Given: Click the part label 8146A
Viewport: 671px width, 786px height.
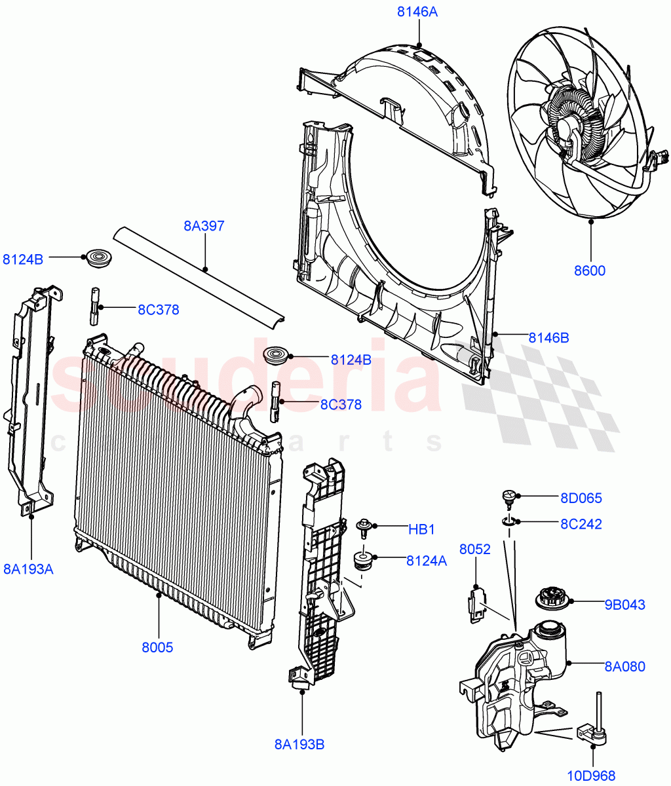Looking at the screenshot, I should pyautogui.click(x=417, y=11).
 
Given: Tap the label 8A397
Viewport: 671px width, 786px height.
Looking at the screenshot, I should pyautogui.click(x=204, y=227).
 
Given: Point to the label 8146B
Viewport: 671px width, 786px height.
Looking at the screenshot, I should pyautogui.click(x=549, y=338).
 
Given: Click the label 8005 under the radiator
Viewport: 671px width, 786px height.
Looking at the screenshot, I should pyautogui.click(x=157, y=647).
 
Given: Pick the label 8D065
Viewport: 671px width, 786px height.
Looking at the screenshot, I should pyautogui.click(x=581, y=498).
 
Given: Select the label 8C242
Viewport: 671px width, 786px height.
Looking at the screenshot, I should pyautogui.click(x=581, y=524).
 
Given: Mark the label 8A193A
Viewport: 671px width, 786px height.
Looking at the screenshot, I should pyautogui.click(x=28, y=569).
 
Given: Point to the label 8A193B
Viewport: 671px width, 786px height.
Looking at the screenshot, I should pyautogui.click(x=300, y=744).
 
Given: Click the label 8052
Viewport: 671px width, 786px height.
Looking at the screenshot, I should pyautogui.click(x=474, y=550).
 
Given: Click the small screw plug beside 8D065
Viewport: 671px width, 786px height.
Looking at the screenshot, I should pyautogui.click(x=508, y=498).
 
